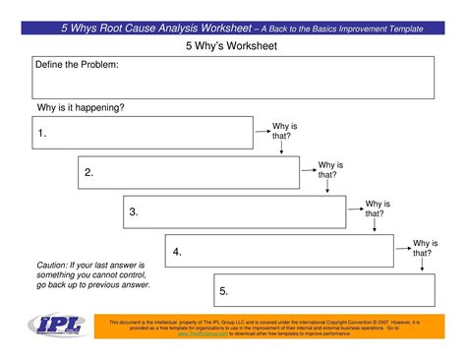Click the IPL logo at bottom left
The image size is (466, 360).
pyautogui.click(x=55, y=327)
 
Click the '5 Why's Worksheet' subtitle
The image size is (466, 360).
pyautogui.click(x=233, y=46)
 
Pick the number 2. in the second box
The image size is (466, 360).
pyautogui.click(x=88, y=173)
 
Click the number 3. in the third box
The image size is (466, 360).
pyautogui.click(x=134, y=211)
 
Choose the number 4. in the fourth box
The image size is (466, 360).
pyautogui.click(x=177, y=252)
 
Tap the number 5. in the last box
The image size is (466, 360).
pyautogui.click(x=224, y=291)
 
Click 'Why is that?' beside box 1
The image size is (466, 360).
pyautogui.click(x=284, y=132)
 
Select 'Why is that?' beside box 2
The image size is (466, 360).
pyautogui.click(x=331, y=170)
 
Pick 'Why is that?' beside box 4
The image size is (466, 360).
pyautogui.click(x=424, y=248)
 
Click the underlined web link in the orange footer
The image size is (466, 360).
pyautogui.click(x=204, y=334)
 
